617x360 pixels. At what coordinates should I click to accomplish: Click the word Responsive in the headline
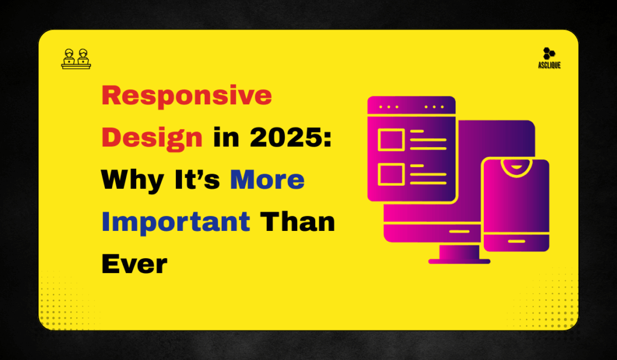pyautogui.click(x=187, y=96)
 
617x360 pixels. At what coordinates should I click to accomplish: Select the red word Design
pyautogui.click(x=152, y=138)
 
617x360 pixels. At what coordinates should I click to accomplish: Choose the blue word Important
pyautogui.click(x=175, y=221)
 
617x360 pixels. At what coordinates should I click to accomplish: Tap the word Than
pyautogui.click(x=297, y=221)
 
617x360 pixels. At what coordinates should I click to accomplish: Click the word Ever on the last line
pyautogui.click(x=134, y=264)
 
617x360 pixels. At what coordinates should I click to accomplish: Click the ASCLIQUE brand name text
pyautogui.click(x=549, y=65)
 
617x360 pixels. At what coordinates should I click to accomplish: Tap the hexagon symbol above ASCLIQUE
pyautogui.click(x=548, y=54)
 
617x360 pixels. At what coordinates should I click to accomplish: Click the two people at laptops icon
pyautogui.click(x=76, y=58)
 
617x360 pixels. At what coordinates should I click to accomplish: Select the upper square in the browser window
pyautogui.click(x=390, y=141)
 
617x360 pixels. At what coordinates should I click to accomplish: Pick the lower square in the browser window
pyautogui.click(x=390, y=175)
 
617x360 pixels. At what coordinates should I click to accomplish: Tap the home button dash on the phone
pyautogui.click(x=516, y=241)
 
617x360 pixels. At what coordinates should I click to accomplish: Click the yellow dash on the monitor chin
pyautogui.click(x=459, y=231)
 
